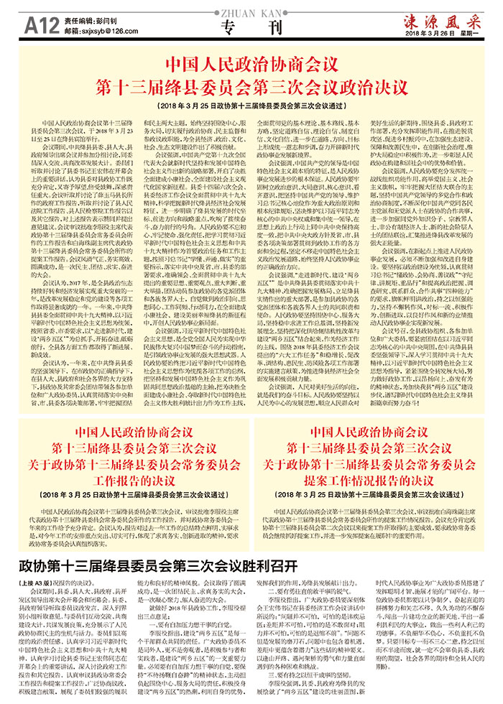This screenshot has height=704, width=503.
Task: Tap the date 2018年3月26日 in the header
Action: tap(430, 34)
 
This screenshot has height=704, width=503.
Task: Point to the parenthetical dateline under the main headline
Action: tap(251, 105)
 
